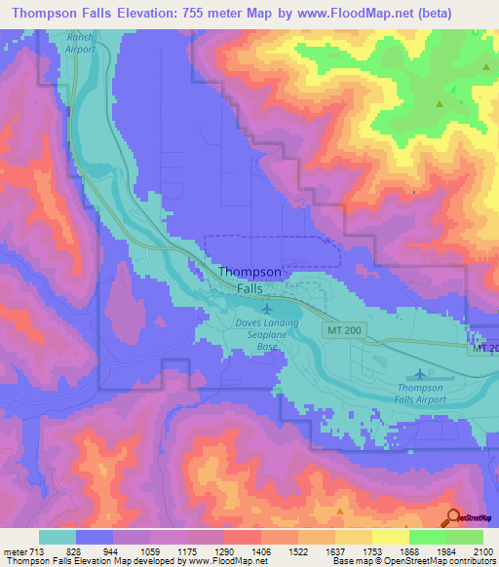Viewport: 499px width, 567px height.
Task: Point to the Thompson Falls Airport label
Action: pos(420,393)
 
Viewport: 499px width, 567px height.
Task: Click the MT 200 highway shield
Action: pos(337,332)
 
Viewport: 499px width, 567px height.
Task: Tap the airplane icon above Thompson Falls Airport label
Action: pos(420,373)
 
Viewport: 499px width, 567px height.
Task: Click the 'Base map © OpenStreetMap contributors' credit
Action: pos(412,561)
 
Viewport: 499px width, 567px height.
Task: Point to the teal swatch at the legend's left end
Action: pos(58,537)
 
